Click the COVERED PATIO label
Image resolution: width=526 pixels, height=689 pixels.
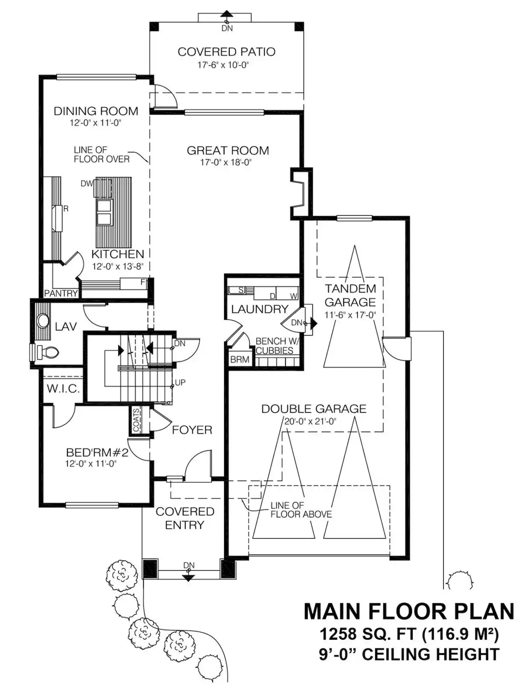point(226,52)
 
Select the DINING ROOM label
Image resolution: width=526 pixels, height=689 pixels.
point(96,111)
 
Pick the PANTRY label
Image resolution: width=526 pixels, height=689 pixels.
point(61,294)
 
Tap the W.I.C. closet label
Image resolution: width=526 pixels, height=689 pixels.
point(63,389)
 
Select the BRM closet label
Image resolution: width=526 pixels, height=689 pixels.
point(240,360)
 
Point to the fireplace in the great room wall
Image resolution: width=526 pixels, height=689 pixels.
point(301,193)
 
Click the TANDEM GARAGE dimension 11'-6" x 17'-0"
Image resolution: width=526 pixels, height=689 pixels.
point(350,315)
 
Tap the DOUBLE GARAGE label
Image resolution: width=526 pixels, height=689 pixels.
point(313,409)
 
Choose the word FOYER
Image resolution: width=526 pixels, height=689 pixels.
point(192,430)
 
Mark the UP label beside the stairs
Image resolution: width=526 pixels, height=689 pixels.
point(180,382)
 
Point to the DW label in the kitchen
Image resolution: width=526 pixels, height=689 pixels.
point(87,184)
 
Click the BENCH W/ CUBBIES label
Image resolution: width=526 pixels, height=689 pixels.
point(275,346)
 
